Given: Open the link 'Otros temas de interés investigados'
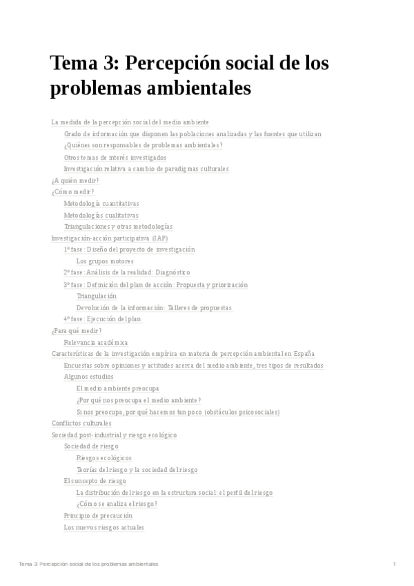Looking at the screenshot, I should tap(115, 158).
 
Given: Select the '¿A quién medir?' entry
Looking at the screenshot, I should tap(75, 180).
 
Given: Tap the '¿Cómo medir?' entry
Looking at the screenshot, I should tap(72, 192).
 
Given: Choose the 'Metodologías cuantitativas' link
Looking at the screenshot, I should tap(101, 204).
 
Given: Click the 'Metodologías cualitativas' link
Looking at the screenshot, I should tap(101, 215).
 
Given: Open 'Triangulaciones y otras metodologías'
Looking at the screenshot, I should tap(118, 227).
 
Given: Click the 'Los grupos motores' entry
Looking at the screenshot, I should tap(105, 261).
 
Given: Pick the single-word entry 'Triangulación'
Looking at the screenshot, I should tap(97, 296).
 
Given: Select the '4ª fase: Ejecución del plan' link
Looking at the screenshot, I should tap(102, 319).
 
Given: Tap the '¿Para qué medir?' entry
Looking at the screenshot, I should tap(77, 331).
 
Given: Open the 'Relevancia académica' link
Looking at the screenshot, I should tap(96, 343).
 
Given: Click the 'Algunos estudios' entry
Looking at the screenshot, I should tap(89, 377).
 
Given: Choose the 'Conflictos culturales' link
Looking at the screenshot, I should tap(81, 424).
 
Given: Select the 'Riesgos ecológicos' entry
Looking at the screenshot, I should tap(103, 458).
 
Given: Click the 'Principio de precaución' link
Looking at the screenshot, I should tap(98, 516).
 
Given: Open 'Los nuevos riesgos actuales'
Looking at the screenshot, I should tap(103, 527).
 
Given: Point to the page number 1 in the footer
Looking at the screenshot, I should tap(394, 565).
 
